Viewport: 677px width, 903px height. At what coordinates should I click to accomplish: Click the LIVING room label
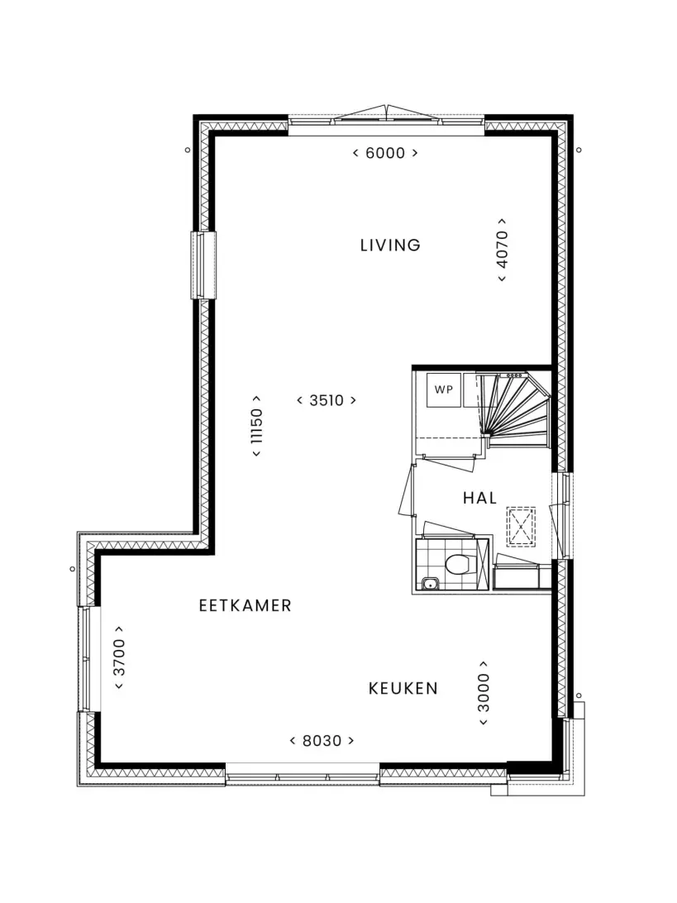tap(389, 246)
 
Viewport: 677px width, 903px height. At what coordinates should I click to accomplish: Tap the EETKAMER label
tap(246, 606)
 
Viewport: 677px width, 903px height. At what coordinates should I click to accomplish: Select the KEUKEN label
tap(403, 689)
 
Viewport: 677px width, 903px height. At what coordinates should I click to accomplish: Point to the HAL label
tap(479, 498)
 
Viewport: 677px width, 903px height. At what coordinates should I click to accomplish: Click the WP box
tap(443, 389)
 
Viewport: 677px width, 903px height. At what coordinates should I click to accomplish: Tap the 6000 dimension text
tap(385, 153)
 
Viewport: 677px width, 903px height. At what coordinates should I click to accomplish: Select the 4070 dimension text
tap(502, 250)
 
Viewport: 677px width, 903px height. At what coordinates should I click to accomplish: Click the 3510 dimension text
tap(327, 400)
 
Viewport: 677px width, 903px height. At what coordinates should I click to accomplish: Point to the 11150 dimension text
tap(256, 426)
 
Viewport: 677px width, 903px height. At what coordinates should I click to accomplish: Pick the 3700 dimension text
tap(118, 657)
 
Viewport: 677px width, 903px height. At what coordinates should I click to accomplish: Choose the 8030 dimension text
tap(322, 741)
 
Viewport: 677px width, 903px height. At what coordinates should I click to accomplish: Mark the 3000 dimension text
tap(484, 693)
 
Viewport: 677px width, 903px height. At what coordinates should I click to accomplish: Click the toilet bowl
tap(459, 564)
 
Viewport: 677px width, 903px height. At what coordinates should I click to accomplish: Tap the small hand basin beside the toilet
tap(429, 584)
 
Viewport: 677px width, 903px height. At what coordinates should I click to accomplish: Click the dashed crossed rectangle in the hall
tap(521, 527)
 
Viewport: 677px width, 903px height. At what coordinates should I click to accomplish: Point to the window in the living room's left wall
tap(204, 265)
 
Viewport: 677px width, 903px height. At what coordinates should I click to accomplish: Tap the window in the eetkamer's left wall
tap(88, 659)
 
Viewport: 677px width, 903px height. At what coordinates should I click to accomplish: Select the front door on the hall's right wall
tap(560, 516)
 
